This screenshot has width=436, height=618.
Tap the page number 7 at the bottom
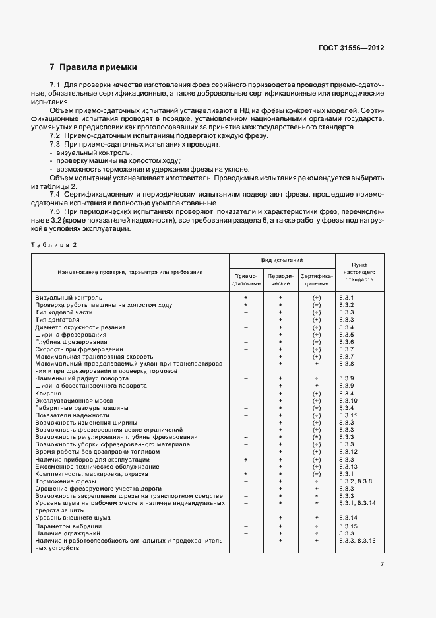click(382, 564)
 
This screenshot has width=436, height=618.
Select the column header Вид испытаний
click(282, 261)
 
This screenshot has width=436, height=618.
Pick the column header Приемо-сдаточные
click(246, 279)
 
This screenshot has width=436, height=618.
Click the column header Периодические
click(281, 279)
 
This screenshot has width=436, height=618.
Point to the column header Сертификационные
click(317, 279)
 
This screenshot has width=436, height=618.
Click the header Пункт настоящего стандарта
click(359, 271)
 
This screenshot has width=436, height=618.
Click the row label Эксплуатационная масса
click(74, 400)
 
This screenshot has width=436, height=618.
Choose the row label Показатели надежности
click(72, 415)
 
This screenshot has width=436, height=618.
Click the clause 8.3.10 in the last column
click(348, 400)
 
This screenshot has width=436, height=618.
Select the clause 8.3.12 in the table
click(348, 452)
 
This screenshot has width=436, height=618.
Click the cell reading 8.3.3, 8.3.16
click(357, 540)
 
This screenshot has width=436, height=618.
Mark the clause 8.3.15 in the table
click(348, 526)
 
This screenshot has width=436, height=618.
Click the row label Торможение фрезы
click(64, 481)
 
